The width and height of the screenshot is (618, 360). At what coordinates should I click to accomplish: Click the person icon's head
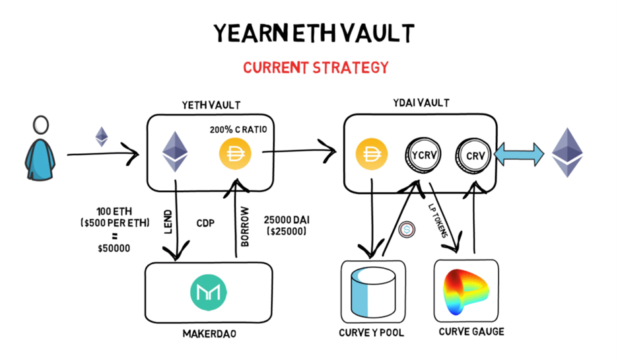click(x=42, y=125)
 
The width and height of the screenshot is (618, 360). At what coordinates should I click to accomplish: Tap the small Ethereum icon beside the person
click(x=102, y=136)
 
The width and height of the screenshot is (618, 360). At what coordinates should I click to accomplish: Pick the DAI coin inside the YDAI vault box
click(x=370, y=155)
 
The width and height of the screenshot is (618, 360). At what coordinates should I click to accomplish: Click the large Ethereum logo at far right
click(x=567, y=152)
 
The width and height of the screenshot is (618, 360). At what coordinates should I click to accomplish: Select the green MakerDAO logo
click(x=209, y=291)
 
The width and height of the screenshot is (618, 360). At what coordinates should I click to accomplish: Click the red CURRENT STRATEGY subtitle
click(x=316, y=68)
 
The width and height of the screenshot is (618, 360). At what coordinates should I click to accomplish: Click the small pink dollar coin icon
click(x=408, y=229)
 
